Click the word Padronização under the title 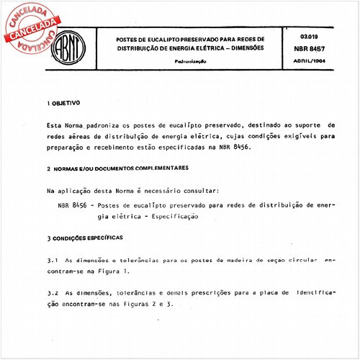tap(190, 62)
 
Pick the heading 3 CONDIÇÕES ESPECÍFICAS tap(85, 237)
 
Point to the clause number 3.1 tap(52, 258)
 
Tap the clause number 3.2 tap(52, 294)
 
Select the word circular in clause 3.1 tap(300, 258)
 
